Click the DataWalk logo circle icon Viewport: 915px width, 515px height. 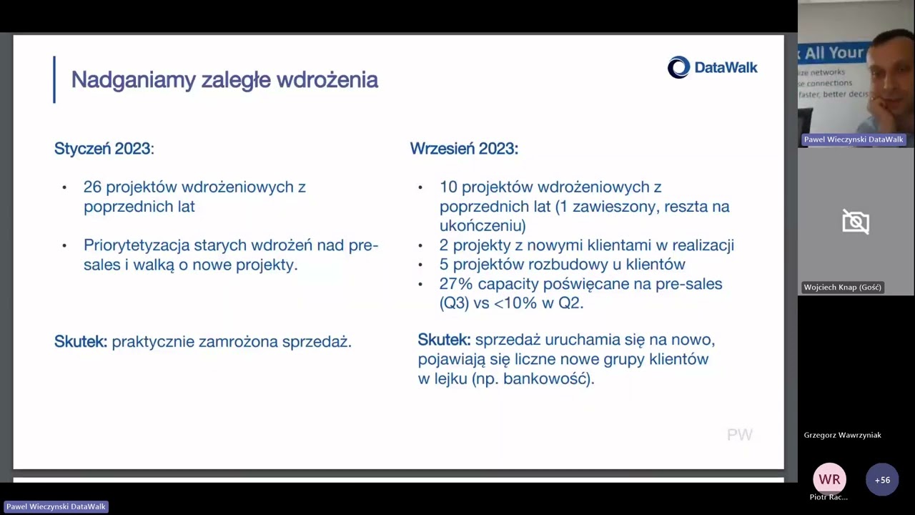pyautogui.click(x=678, y=67)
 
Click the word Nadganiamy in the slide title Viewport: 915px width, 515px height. pyautogui.click(x=134, y=80)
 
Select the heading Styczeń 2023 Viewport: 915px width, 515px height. pyautogui.click(x=104, y=148)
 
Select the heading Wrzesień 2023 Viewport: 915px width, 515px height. pyautogui.click(x=464, y=148)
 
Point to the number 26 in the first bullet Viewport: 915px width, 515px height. pyautogui.click(x=92, y=187)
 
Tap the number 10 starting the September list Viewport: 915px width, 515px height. pyautogui.click(x=448, y=187)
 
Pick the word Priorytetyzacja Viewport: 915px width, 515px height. pyautogui.click(x=137, y=245)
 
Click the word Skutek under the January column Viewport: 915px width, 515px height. pyautogui.click(x=81, y=341)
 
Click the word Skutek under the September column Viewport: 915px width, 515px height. pyautogui.click(x=444, y=340)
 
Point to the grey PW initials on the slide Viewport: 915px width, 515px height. pyautogui.click(x=739, y=434)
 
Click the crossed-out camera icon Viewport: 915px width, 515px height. pyautogui.click(x=856, y=222)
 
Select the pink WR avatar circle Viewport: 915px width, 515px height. pyautogui.click(x=829, y=479)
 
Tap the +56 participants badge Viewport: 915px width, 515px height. pyautogui.click(x=882, y=480)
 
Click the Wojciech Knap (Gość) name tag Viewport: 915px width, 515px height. pyautogui.click(x=842, y=288)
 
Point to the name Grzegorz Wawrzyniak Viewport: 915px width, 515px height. pyautogui.click(x=842, y=436)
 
